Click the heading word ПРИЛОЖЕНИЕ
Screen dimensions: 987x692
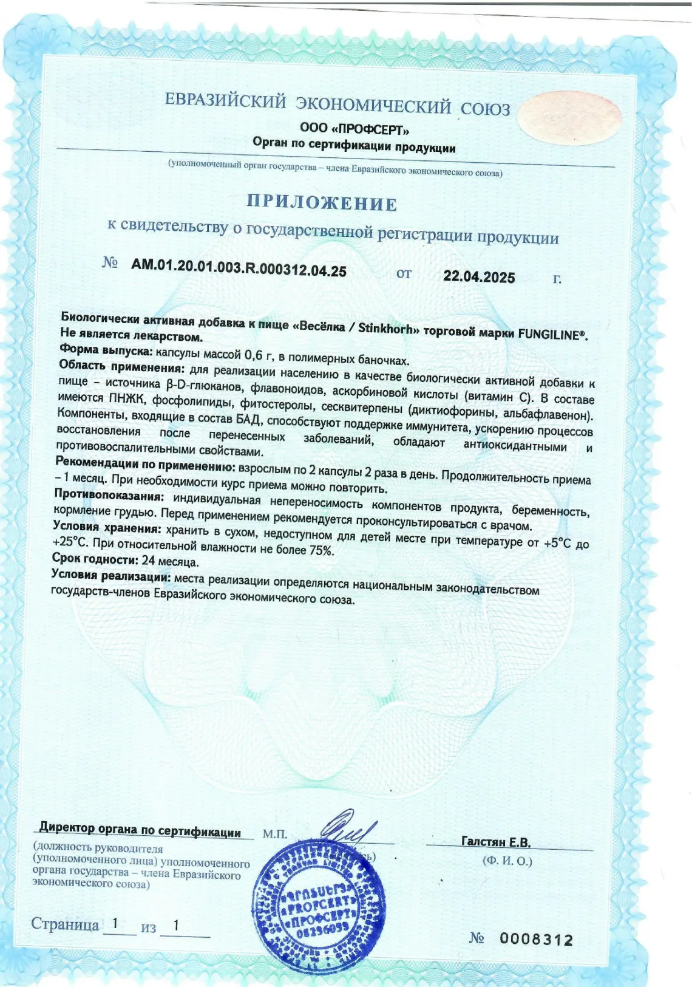pyautogui.click(x=322, y=203)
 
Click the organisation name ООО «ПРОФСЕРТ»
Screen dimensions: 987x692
pyautogui.click(x=354, y=128)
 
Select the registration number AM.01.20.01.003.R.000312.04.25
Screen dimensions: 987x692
pyautogui.click(x=239, y=267)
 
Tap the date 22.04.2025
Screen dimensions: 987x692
pyautogui.click(x=479, y=276)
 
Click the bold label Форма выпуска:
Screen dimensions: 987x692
pyautogui.click(x=106, y=350)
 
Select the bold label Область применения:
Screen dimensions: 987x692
pyautogui.click(x=121, y=367)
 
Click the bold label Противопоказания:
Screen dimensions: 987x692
pyautogui.click(x=109, y=494)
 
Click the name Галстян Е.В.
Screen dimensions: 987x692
pyautogui.click(x=496, y=842)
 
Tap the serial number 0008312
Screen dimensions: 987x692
pyautogui.click(x=537, y=940)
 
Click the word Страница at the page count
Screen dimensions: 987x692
pyautogui.click(x=65, y=924)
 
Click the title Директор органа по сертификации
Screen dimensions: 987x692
pyautogui.click(x=140, y=829)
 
